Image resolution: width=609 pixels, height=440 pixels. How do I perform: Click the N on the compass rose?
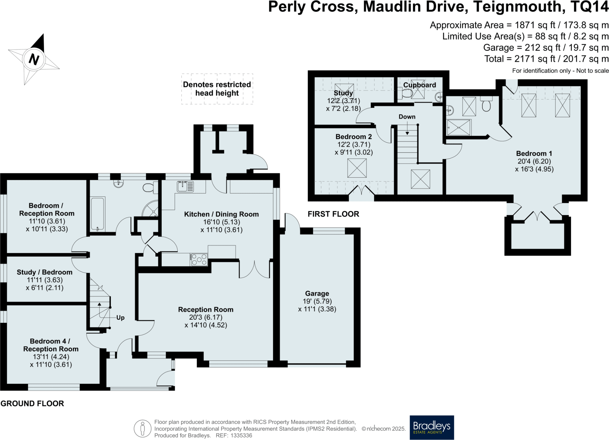point(34,59)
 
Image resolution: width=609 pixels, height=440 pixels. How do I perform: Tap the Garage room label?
point(317,293)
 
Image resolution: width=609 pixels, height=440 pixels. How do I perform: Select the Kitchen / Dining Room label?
point(221,214)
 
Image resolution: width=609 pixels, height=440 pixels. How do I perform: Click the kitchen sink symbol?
point(185,187)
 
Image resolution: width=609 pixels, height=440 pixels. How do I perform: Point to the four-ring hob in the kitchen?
point(199,259)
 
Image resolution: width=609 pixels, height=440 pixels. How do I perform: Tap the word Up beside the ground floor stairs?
point(120,318)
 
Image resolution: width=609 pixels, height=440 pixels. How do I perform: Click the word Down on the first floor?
point(407,117)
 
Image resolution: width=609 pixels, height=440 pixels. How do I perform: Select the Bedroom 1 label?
point(534,153)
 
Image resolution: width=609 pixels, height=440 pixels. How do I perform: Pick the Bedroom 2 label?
point(354,137)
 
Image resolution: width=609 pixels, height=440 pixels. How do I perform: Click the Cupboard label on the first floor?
point(420,85)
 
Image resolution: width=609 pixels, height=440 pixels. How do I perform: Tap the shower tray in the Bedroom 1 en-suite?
point(459,127)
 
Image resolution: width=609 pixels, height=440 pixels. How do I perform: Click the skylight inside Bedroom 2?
point(357,168)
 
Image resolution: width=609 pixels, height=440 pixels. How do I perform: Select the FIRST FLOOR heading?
point(333,214)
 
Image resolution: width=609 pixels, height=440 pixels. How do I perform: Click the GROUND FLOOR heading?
point(32,403)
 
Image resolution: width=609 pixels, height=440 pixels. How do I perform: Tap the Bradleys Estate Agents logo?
point(432,427)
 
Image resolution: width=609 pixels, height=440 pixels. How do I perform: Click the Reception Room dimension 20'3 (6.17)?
point(206,317)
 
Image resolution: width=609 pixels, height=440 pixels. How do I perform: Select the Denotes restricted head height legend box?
point(217,89)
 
